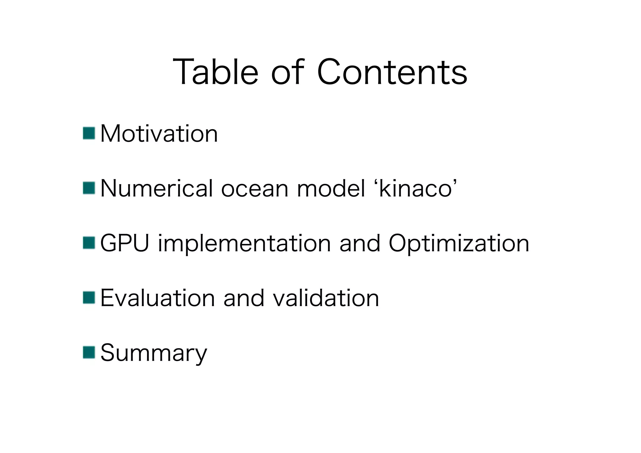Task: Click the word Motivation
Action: pyautogui.click(x=159, y=134)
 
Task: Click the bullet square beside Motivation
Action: pyautogui.click(x=89, y=133)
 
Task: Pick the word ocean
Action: pyautogui.click(x=254, y=189)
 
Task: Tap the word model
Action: pyautogui.click(x=331, y=189)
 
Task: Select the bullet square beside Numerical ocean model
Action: pyautogui.click(x=89, y=188)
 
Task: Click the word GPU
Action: pyautogui.click(x=125, y=243)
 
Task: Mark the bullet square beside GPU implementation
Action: pyautogui.click(x=89, y=243)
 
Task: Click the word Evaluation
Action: pyautogui.click(x=157, y=298)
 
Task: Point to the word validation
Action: pyautogui.click(x=326, y=298)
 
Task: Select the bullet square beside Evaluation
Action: pyautogui.click(x=89, y=298)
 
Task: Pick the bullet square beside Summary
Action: pyautogui.click(x=89, y=352)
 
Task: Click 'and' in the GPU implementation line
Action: pyautogui.click(x=360, y=243)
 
